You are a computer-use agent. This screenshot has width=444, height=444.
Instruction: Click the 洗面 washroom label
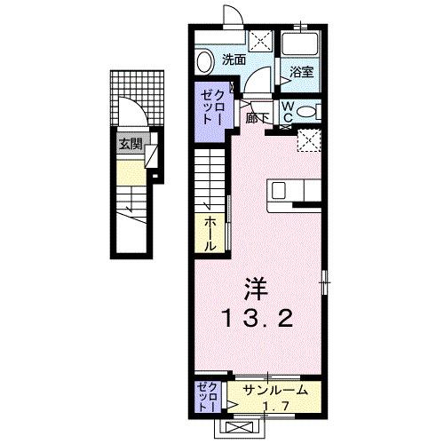click(x=234, y=60)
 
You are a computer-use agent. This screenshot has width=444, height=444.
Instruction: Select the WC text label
click(x=289, y=111)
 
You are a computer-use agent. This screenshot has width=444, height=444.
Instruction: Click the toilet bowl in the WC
click(x=306, y=113)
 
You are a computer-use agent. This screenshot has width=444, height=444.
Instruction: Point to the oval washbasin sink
click(x=205, y=60)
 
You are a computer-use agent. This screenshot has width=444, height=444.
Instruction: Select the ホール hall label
click(x=210, y=233)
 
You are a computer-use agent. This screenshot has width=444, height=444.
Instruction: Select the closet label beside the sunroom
click(x=208, y=396)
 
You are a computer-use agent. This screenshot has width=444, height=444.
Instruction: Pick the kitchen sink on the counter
click(x=280, y=190)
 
